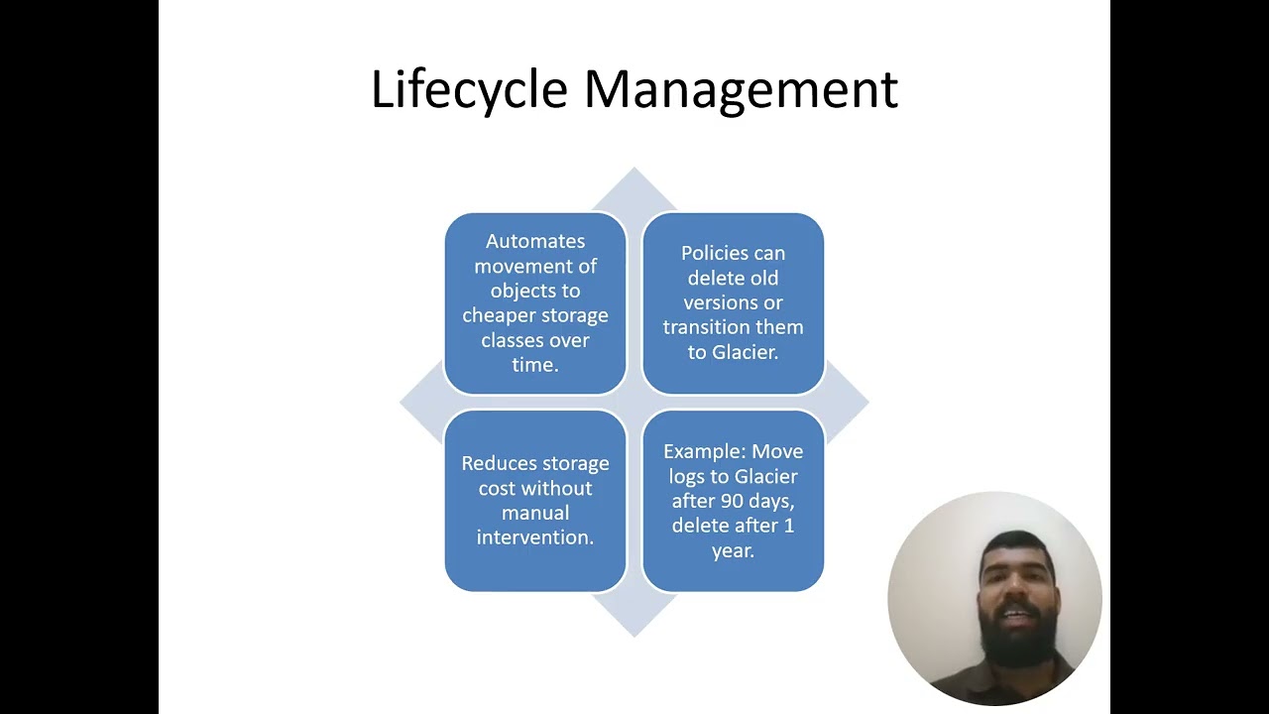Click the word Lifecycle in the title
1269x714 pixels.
coord(469,89)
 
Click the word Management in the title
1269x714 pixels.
coord(741,89)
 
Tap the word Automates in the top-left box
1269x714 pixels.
coord(535,241)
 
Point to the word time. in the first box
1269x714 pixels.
coord(535,364)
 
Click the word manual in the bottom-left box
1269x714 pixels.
coord(535,513)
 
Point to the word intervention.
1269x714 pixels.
coord(535,537)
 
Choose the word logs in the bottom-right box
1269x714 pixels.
coord(686,477)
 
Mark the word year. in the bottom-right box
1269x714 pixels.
coord(733,550)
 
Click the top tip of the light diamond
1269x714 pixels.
coord(634,168)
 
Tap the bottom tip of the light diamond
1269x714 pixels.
coord(634,637)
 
